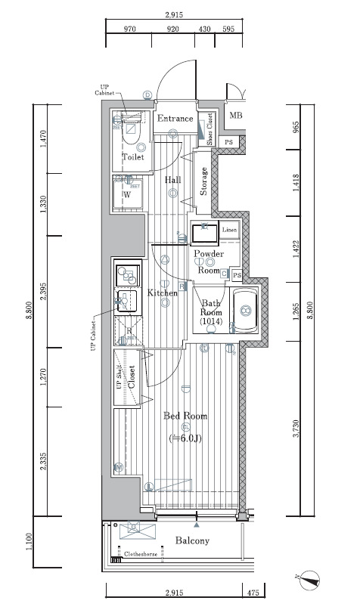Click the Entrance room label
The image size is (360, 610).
175,119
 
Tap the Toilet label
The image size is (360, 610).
133,157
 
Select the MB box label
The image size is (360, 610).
236,116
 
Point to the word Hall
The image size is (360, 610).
173,179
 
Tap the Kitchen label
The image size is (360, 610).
163,293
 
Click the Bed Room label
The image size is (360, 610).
185,416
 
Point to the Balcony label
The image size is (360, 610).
192,541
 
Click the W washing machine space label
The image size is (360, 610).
127,194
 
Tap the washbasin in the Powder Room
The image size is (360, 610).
205,232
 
